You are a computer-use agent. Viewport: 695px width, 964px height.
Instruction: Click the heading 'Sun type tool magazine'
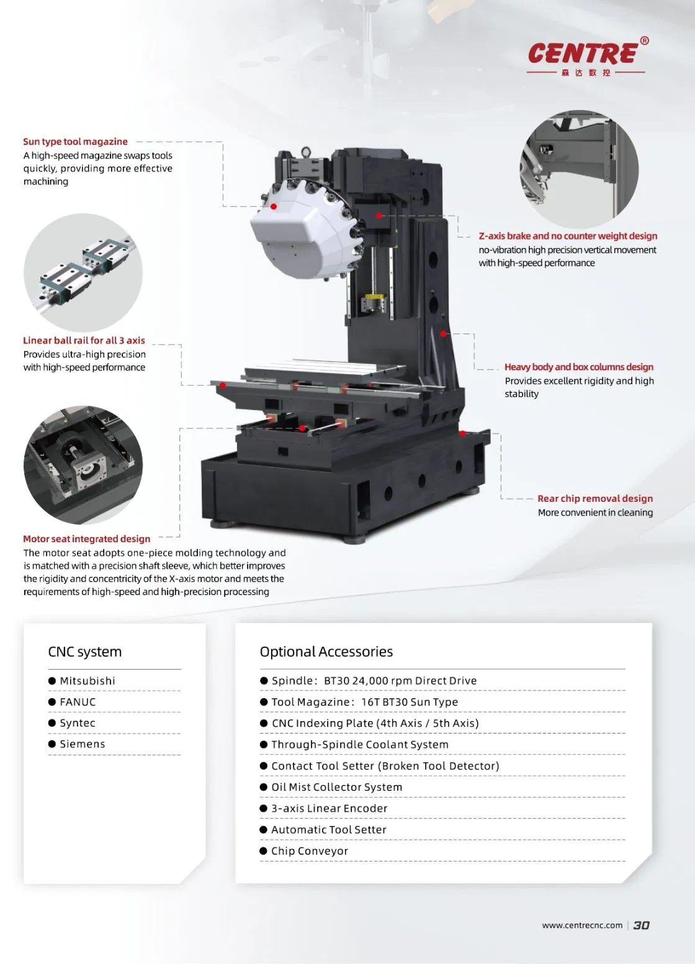pos(75,142)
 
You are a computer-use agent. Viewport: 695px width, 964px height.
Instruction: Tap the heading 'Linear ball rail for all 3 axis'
pos(84,340)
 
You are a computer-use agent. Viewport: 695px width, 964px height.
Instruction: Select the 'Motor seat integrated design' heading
pos(86,539)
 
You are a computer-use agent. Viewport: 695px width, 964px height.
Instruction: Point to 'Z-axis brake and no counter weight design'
pos(568,236)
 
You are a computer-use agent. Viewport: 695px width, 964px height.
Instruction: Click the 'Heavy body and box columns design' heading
pos(578,367)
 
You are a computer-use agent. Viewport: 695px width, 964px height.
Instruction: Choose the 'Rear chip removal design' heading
pos(594,498)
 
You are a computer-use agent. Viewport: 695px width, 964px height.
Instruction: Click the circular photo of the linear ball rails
pos(83,272)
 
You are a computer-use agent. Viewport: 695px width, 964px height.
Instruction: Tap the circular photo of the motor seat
pos(83,465)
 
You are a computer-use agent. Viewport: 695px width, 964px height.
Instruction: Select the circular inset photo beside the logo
pos(578,168)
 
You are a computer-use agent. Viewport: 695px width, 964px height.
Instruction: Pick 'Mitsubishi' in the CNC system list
pos(87,681)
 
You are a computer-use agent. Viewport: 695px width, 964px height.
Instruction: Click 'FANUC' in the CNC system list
pos(78,702)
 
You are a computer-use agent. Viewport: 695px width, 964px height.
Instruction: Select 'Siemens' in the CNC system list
pos(83,744)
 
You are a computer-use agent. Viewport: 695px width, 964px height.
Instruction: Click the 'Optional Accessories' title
pos(326,652)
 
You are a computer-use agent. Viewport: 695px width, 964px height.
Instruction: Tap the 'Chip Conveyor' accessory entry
pos(309,851)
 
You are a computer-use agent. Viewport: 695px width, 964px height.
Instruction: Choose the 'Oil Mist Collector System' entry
pos(336,787)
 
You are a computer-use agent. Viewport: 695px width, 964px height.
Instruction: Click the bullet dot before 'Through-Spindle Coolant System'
pos(264,745)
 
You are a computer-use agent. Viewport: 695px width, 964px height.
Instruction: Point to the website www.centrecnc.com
pos(581,925)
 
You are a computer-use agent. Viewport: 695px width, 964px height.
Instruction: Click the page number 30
pos(641,925)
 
